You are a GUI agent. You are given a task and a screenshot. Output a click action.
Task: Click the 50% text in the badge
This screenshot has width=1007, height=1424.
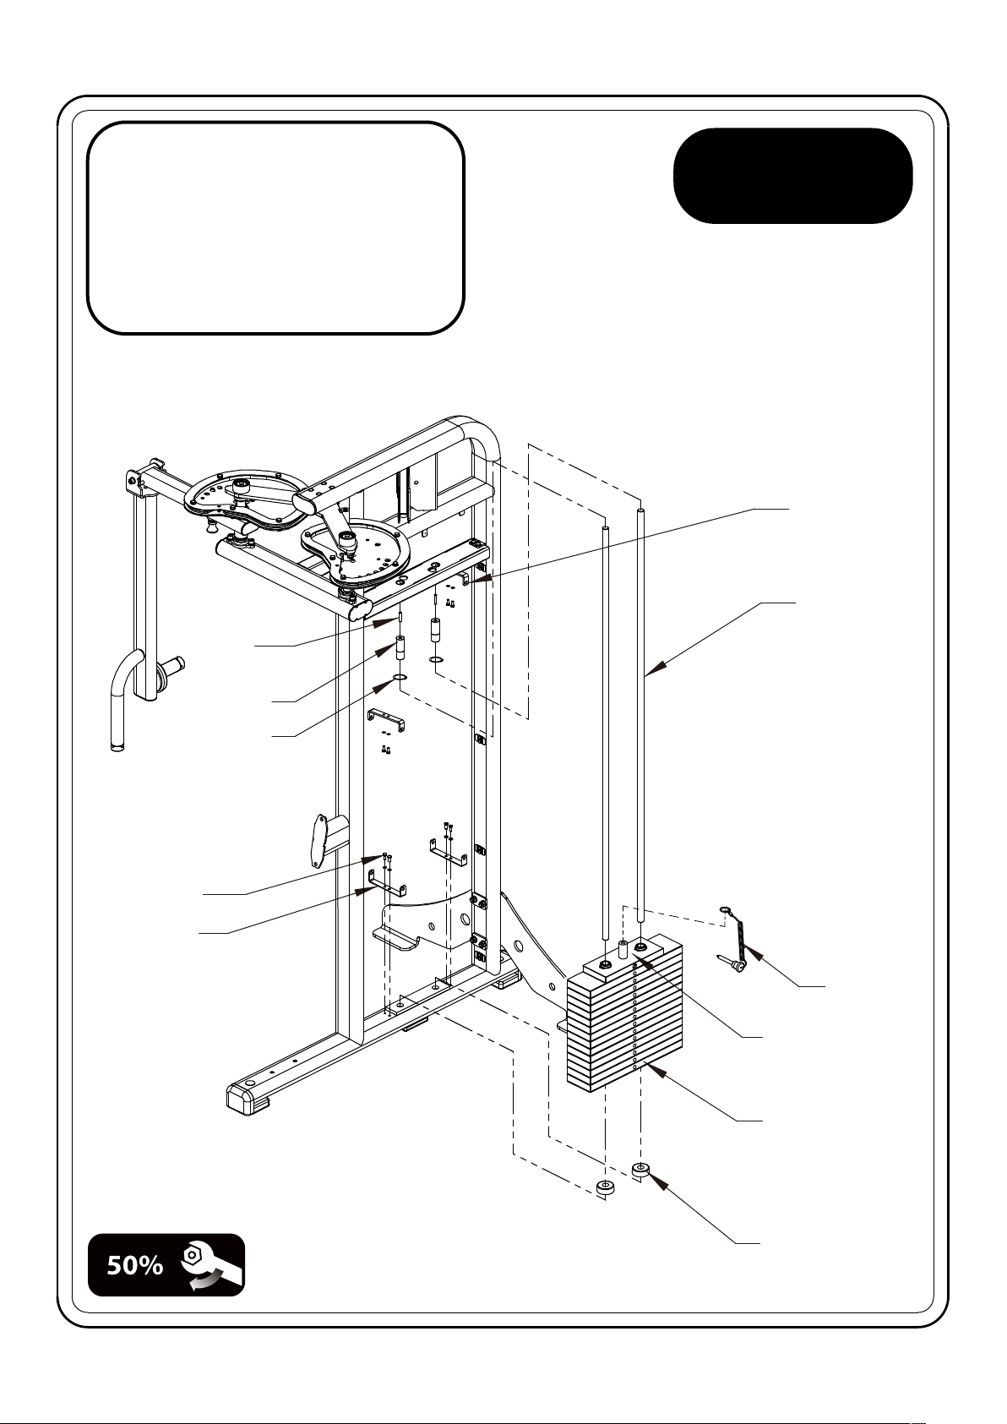(x=134, y=1266)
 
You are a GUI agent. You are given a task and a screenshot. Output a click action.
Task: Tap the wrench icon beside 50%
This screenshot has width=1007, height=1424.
(x=212, y=1265)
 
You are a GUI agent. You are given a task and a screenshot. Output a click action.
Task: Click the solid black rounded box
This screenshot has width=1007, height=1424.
(x=792, y=176)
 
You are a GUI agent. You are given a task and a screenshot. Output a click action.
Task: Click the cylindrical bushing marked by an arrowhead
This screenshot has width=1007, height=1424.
(x=401, y=648)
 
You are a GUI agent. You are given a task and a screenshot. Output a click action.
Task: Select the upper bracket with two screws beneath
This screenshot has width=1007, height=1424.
(x=387, y=719)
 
